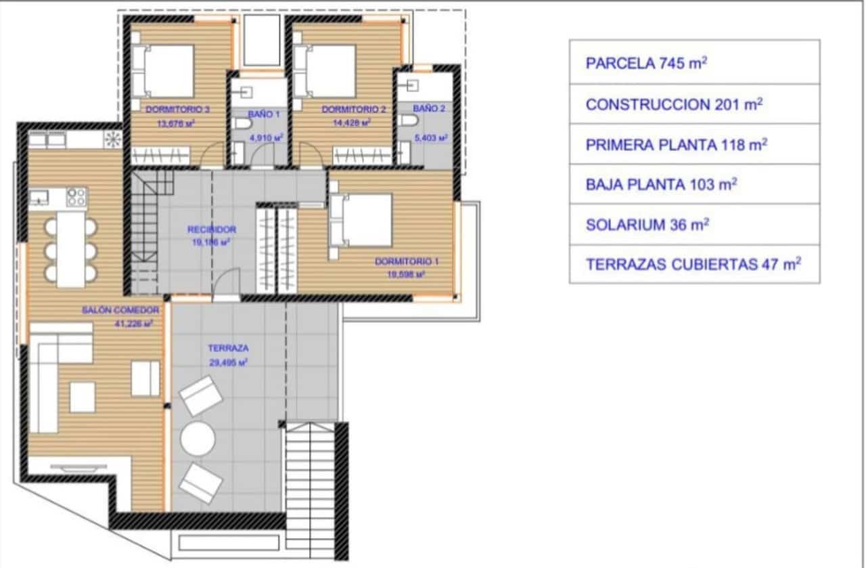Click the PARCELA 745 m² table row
pyautogui.click(x=694, y=64)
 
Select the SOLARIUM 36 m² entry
pyautogui.click(x=694, y=225)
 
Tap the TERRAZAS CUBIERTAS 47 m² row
pyautogui.click(x=694, y=265)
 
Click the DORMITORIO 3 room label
pyautogui.click(x=168, y=108)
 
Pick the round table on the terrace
pyautogui.click(x=198, y=439)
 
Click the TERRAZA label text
pyautogui.click(x=228, y=348)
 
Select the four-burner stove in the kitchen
pyautogui.click(x=76, y=197)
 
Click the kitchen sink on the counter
pyautogui.click(x=39, y=196)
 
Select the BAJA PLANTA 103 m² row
pyautogui.click(x=694, y=184)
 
